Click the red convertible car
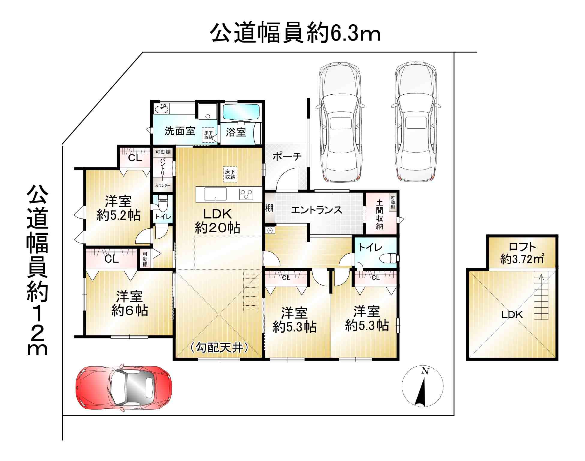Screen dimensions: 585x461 tap(124, 387)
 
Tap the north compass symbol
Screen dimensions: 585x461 tap(422, 386)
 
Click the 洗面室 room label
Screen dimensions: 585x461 tap(180, 131)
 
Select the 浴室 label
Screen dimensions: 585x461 tap(236, 132)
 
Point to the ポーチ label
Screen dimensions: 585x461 tap(287, 156)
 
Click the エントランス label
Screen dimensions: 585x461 tap(316, 209)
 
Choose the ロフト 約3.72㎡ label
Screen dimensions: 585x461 tap(522, 253)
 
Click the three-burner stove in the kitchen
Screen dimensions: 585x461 tap(246, 194)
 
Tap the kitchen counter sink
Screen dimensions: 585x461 tap(215, 194)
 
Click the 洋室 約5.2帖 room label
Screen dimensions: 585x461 tap(118, 208)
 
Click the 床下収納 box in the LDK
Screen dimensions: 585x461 tap(230, 174)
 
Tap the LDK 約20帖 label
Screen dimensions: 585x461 tap(217, 221)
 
